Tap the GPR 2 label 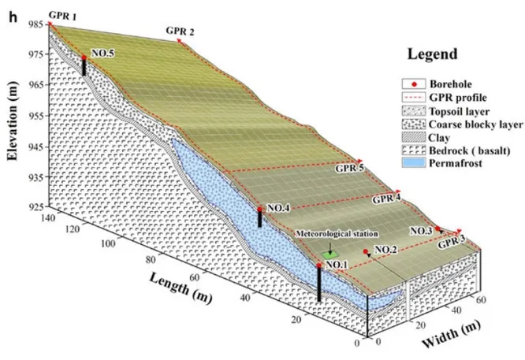(181, 31)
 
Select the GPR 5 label (349, 168)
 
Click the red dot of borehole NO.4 (260, 209)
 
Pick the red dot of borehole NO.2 (367, 252)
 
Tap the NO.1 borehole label (337, 264)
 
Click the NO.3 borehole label (421, 231)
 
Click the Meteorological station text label (337, 234)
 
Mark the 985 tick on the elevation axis (35, 24)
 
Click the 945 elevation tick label (35, 147)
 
